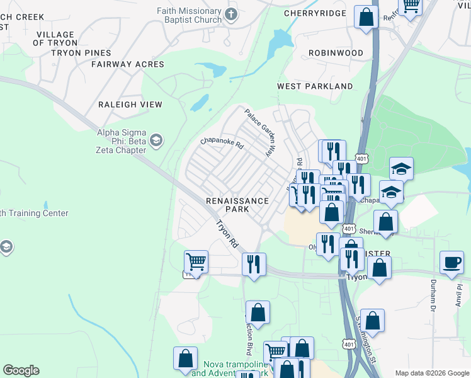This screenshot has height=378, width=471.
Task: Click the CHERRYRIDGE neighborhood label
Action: pyautogui.click(x=315, y=13)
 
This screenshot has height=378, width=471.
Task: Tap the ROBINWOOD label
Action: pyautogui.click(x=336, y=54)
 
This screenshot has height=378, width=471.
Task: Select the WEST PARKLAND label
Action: pyautogui.click(x=315, y=86)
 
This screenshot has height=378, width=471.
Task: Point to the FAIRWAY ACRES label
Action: pyautogui.click(x=127, y=64)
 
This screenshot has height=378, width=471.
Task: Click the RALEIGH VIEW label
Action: pyautogui.click(x=130, y=105)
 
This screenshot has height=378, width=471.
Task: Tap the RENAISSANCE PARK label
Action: pyautogui.click(x=237, y=205)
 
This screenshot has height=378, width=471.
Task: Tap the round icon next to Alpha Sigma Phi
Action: pyautogui.click(x=155, y=139)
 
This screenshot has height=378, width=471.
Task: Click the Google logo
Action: pyautogui.click(x=21, y=370)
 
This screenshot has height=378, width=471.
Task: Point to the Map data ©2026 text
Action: pyautogui.click(x=432, y=373)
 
